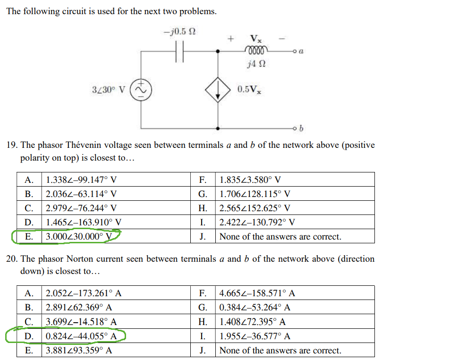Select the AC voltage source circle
(141, 89)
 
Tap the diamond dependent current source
(218, 89)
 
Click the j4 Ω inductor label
(256, 64)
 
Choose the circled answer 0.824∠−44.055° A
(81, 336)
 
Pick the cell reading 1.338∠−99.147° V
(81, 180)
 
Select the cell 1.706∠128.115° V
(255, 194)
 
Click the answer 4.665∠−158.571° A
(257, 293)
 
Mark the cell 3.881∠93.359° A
(79, 351)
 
